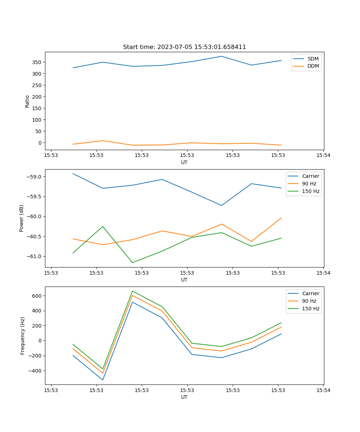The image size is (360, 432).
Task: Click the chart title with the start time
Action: click(184, 47)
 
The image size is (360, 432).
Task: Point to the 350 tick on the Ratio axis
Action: click(37, 62)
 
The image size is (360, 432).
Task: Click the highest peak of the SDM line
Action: click(221, 56)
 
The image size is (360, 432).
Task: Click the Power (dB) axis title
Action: click(22, 218)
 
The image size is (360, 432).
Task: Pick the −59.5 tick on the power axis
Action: click(35, 197)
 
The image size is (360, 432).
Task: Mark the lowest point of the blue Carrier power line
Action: click(221, 206)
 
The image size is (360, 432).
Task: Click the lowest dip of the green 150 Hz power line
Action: click(132, 262)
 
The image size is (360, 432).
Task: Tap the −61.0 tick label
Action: click(35, 256)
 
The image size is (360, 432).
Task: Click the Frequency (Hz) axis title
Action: click(23, 336)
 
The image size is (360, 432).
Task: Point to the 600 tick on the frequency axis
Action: click(37, 296)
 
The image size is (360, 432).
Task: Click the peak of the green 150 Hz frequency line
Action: click(132, 291)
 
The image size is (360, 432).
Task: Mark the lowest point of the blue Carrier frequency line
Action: click(103, 380)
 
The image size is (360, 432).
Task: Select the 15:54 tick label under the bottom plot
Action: click(323, 390)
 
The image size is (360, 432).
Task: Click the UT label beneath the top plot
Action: click(184, 162)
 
